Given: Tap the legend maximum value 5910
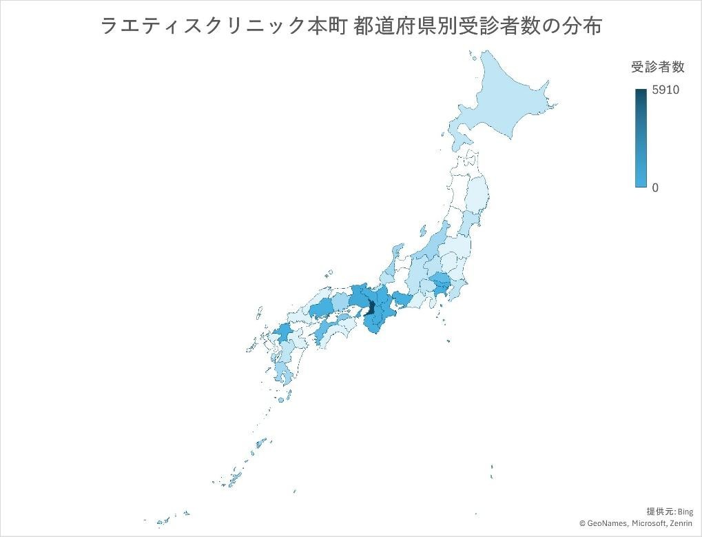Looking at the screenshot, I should pos(665,90).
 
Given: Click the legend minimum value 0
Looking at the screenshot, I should pos(655,188).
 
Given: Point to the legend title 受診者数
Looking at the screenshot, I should pos(657,67).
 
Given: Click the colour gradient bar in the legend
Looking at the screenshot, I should pos(641,138).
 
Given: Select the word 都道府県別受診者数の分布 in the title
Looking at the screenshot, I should pos(477,26).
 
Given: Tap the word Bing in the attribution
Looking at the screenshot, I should pos(685,511).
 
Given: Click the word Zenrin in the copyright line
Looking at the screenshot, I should pos(681,523).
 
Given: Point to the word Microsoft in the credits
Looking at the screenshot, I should pos(646,523).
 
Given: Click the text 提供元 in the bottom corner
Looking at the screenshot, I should pos(660,511).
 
